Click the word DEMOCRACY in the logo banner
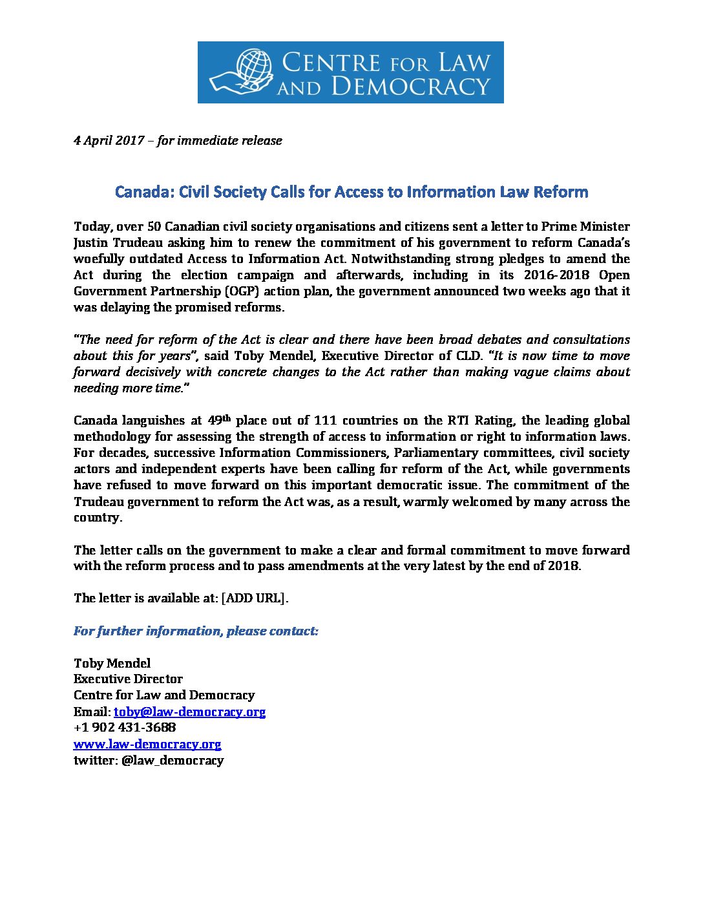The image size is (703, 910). pyautogui.click(x=411, y=87)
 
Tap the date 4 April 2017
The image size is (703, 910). pyautogui.click(x=109, y=140)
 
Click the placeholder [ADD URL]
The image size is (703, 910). pyautogui.click(x=253, y=598)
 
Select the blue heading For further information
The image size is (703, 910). pyautogui.click(x=196, y=631)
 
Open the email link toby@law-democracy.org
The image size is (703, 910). pyautogui.click(x=189, y=712)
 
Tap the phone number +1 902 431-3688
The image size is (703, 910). pyautogui.click(x=125, y=727)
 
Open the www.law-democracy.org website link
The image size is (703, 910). pyautogui.click(x=147, y=744)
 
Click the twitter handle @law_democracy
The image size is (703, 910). pyautogui.click(x=173, y=760)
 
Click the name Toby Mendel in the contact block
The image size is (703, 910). pyautogui.click(x=112, y=663)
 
